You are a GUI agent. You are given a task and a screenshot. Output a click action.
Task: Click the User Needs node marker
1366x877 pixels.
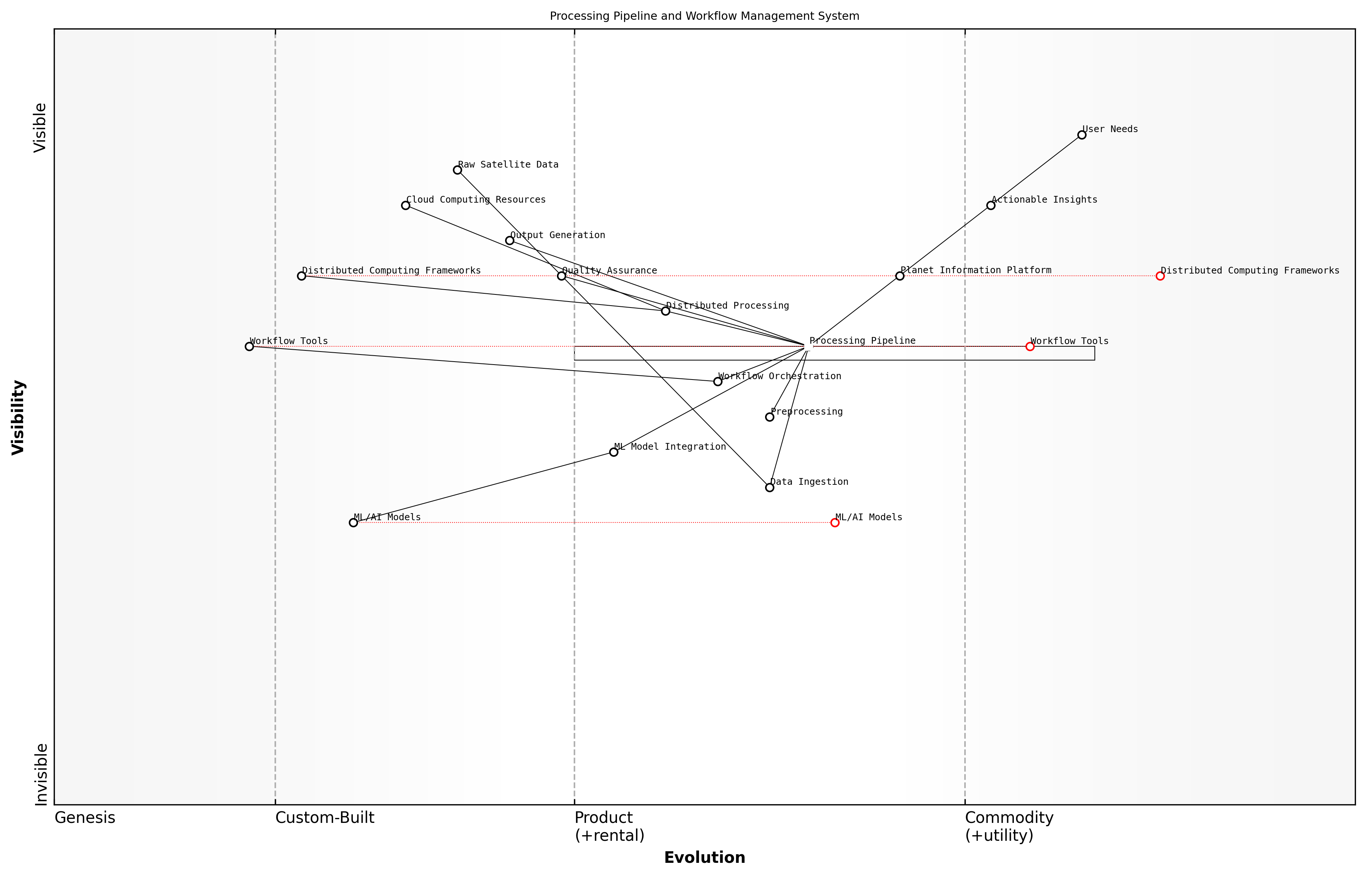click(1081, 135)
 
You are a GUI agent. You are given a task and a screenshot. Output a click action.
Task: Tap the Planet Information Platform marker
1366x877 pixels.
click(900, 276)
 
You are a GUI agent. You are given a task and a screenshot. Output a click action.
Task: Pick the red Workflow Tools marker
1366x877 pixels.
click(1030, 346)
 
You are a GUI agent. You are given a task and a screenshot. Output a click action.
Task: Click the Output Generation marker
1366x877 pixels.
click(510, 241)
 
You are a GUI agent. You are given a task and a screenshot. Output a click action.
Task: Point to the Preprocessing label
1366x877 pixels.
click(806, 412)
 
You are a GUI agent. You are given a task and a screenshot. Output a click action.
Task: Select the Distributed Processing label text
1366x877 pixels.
click(727, 306)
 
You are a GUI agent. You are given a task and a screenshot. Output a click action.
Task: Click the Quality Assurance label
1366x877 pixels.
click(610, 271)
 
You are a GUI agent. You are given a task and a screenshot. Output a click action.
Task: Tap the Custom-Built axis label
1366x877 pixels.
click(325, 818)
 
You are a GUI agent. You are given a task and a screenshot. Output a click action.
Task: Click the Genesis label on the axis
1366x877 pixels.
click(85, 818)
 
